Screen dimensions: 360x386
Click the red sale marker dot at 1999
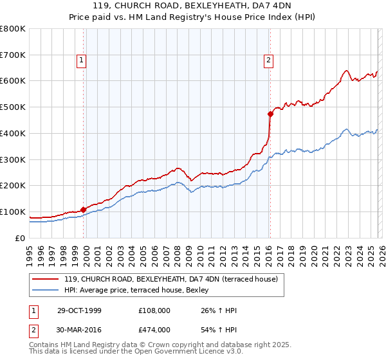click(84, 210)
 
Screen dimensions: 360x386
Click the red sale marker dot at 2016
click(270, 114)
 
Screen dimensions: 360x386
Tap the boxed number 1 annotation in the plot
click(82, 61)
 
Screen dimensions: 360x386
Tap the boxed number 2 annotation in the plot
click(268, 61)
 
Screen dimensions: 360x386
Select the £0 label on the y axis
click(21, 238)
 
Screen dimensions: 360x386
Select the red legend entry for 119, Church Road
click(170, 279)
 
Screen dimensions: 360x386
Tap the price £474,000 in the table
click(154, 329)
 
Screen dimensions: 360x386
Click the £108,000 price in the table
click(154, 311)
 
